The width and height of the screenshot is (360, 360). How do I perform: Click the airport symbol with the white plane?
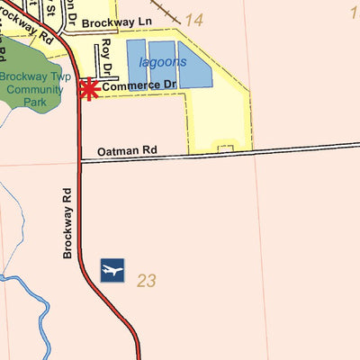pyautogui.click(x=112, y=270)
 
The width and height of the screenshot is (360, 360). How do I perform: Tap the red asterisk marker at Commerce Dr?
pyautogui.click(x=89, y=89)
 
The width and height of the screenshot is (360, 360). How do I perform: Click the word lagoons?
pyautogui.click(x=163, y=62)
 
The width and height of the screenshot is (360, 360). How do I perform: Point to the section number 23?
pyautogui.click(x=147, y=282)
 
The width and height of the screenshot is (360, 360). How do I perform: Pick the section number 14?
pyautogui.click(x=193, y=19)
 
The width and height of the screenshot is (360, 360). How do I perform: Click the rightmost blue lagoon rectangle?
pyautogui.click(x=194, y=66)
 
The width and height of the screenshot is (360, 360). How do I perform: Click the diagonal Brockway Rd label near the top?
pyautogui.click(x=28, y=25)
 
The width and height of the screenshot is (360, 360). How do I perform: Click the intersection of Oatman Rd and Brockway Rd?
pyautogui.click(x=80, y=161)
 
